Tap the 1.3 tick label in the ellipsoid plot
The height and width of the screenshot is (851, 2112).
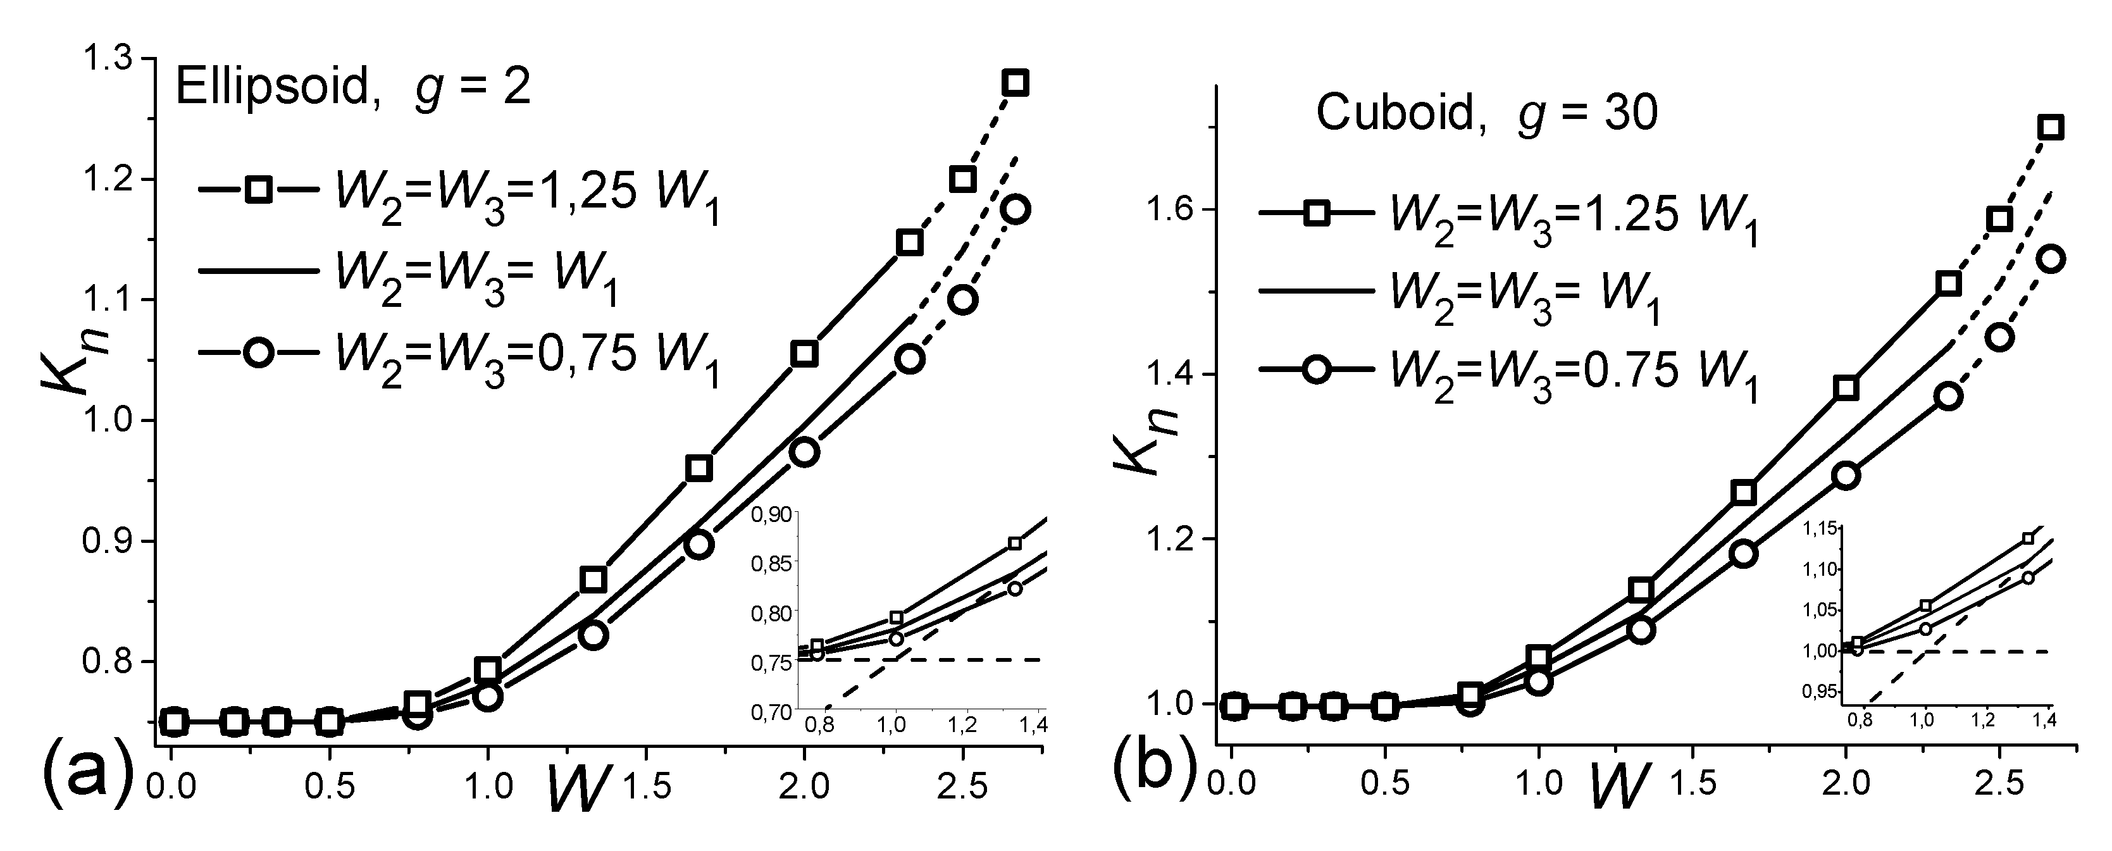[x=113, y=59]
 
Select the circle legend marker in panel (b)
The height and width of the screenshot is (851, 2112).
[x=1317, y=369]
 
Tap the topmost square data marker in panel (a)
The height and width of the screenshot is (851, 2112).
[x=1016, y=84]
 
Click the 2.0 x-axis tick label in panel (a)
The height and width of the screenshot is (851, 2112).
[x=804, y=785]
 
